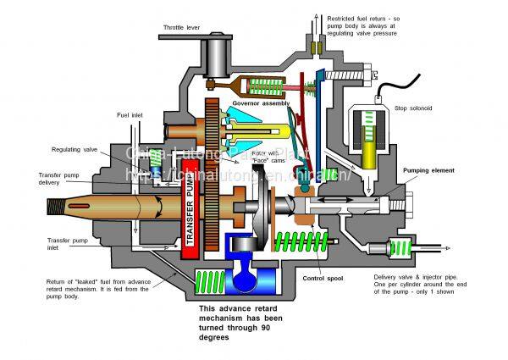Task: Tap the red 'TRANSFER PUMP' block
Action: click(190, 217)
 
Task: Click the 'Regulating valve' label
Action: click(75, 149)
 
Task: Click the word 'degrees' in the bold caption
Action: click(218, 336)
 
